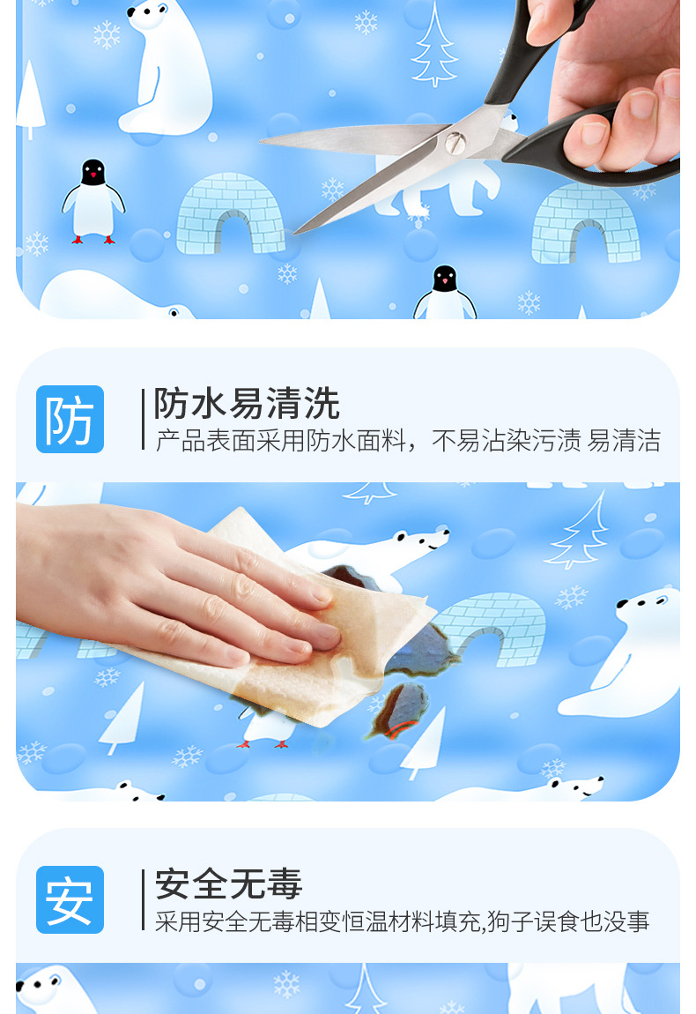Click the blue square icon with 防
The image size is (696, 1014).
[x=70, y=419]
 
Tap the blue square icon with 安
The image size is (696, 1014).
[x=70, y=899]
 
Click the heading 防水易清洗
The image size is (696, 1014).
[x=247, y=404]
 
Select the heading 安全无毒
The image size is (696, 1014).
[x=229, y=884]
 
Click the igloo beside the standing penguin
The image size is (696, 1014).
[x=230, y=213]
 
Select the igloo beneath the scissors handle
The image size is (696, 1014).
[x=585, y=224]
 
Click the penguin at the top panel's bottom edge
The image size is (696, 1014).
[x=445, y=293]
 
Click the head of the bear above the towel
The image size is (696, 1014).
[x=421, y=541]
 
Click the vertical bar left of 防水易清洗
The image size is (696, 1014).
[x=143, y=419]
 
